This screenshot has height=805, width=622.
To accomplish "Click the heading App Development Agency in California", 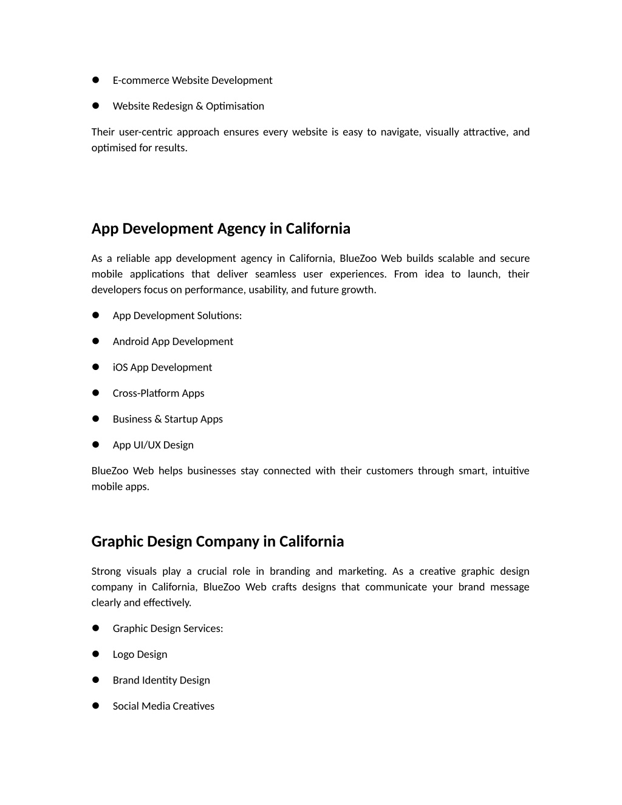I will tap(220, 228).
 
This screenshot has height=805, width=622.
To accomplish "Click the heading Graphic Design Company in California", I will tap(217, 541).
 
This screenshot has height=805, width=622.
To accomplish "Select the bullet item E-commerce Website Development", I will tap(192, 80).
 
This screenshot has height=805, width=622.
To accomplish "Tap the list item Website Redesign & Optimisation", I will tap(188, 106).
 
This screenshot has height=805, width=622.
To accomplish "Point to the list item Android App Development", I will tap(173, 341).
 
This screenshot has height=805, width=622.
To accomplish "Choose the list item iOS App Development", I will tap(162, 367).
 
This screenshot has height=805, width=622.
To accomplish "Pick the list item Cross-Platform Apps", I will tap(159, 393).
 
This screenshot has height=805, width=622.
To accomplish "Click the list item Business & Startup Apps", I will tap(168, 419).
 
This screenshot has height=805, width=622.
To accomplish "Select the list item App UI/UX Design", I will tap(153, 445).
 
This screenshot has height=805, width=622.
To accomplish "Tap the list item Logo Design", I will tap(140, 654).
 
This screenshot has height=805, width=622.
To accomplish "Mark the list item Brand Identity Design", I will tap(161, 680).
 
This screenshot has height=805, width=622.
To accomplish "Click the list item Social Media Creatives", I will tap(163, 706).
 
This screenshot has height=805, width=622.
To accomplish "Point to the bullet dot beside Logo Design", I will tap(95, 654).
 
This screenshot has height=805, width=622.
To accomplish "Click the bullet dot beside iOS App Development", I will tap(95, 366).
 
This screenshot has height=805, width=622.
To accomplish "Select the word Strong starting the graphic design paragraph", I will tap(106, 571).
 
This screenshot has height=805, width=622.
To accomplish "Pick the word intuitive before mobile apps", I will tap(511, 471).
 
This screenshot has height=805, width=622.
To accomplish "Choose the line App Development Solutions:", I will tap(177, 315).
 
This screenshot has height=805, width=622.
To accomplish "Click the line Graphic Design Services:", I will tap(168, 628).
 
